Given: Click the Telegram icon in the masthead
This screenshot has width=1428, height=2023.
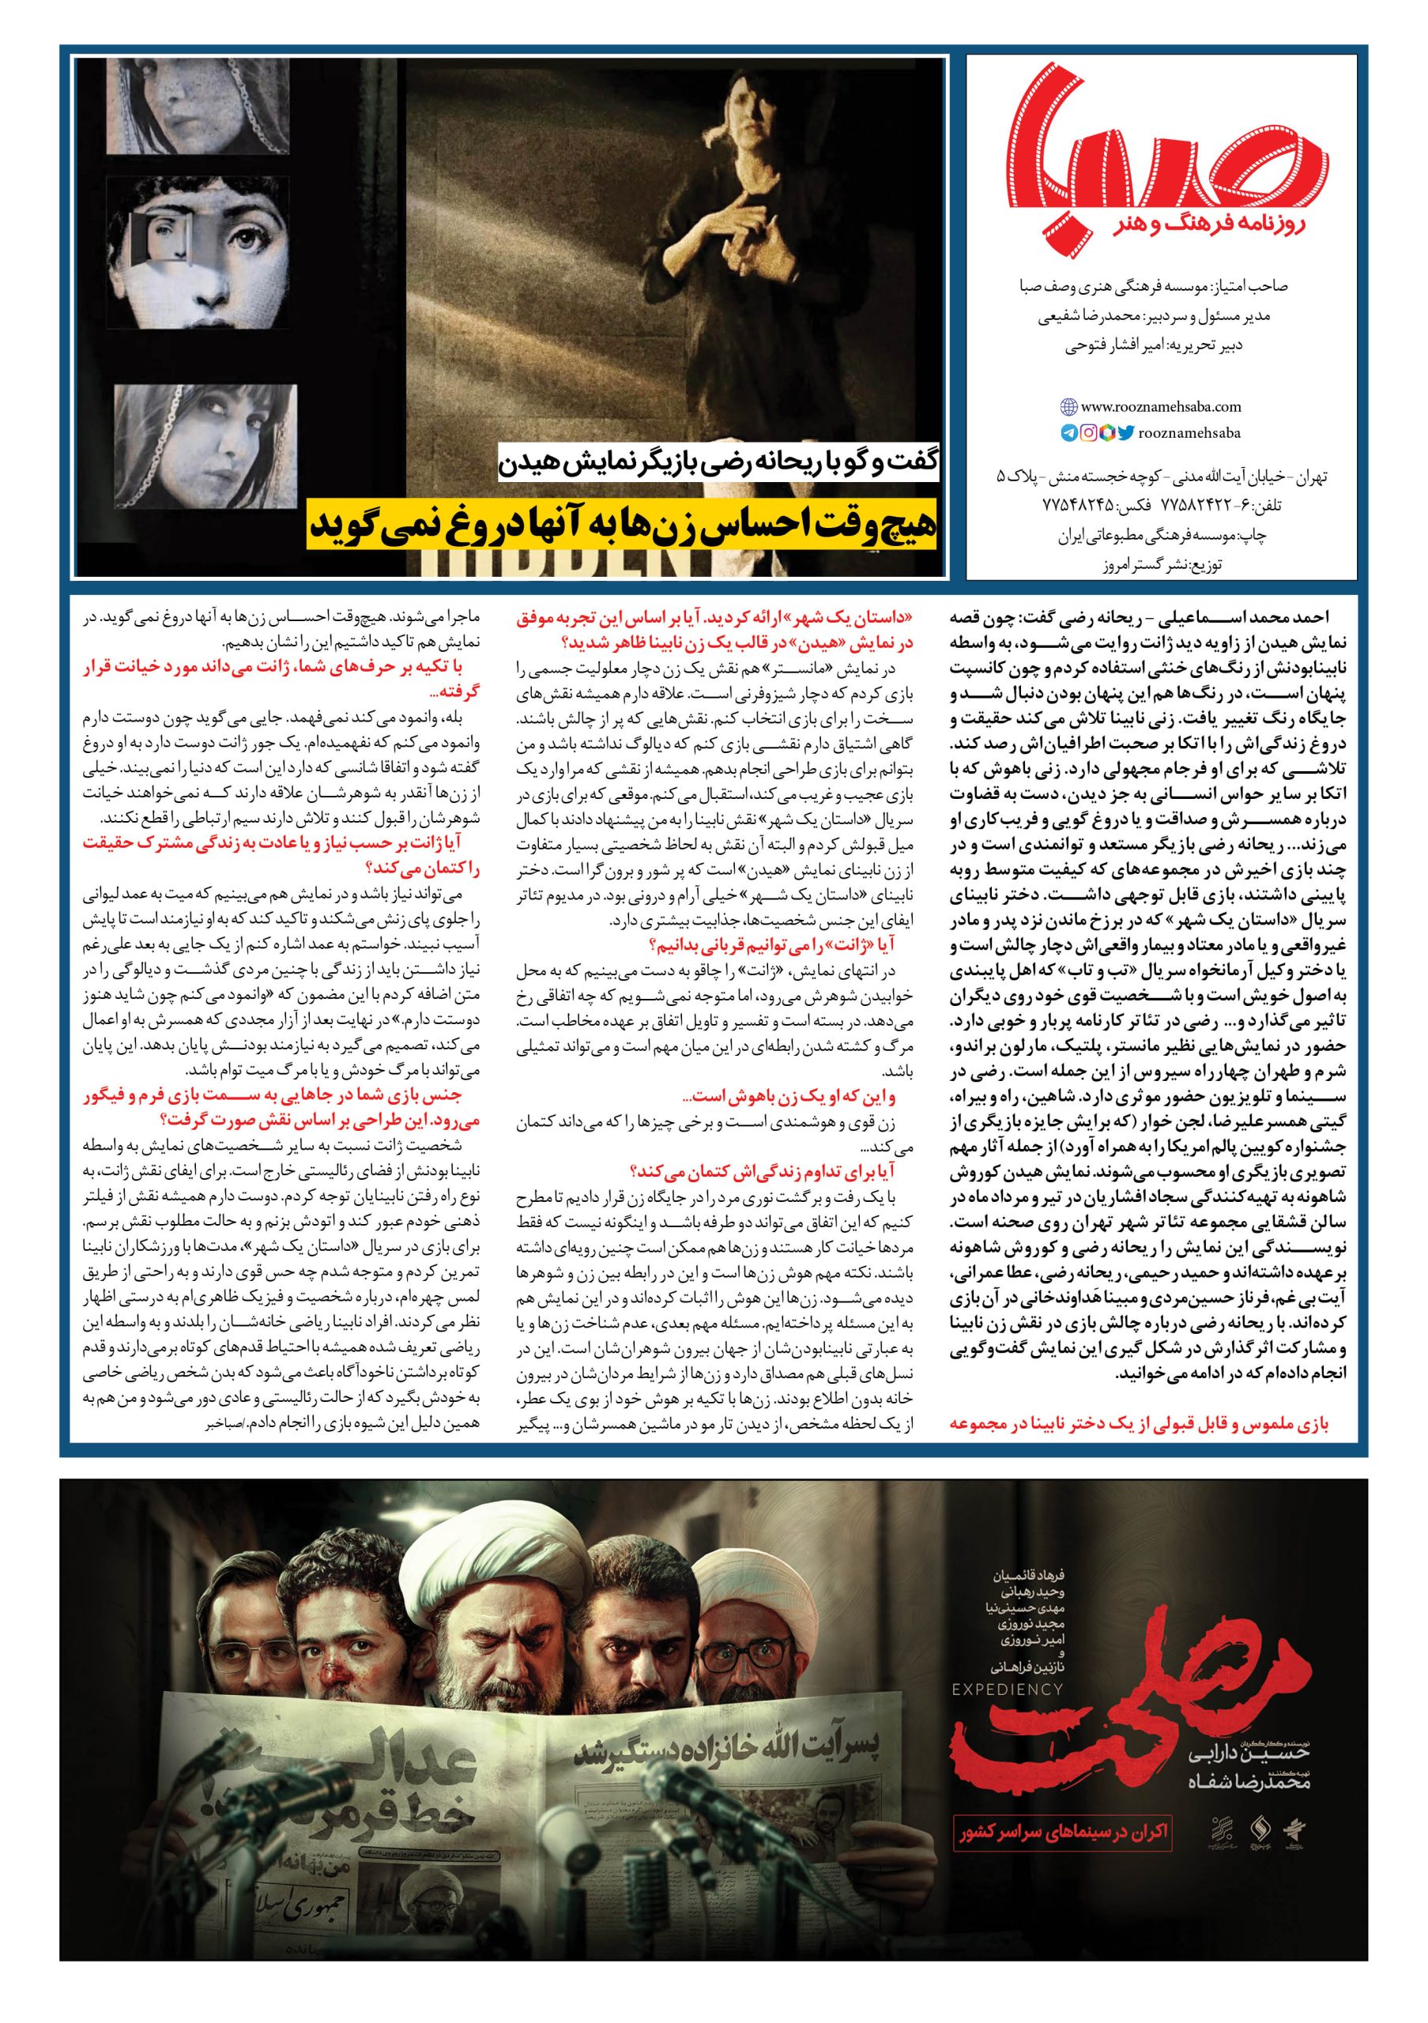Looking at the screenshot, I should [1068, 432].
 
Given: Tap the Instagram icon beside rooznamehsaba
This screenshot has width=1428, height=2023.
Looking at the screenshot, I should [1089, 432].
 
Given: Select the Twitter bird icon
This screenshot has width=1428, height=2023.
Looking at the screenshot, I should [1127, 432].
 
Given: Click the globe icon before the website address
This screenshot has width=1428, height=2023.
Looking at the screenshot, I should [1068, 407].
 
